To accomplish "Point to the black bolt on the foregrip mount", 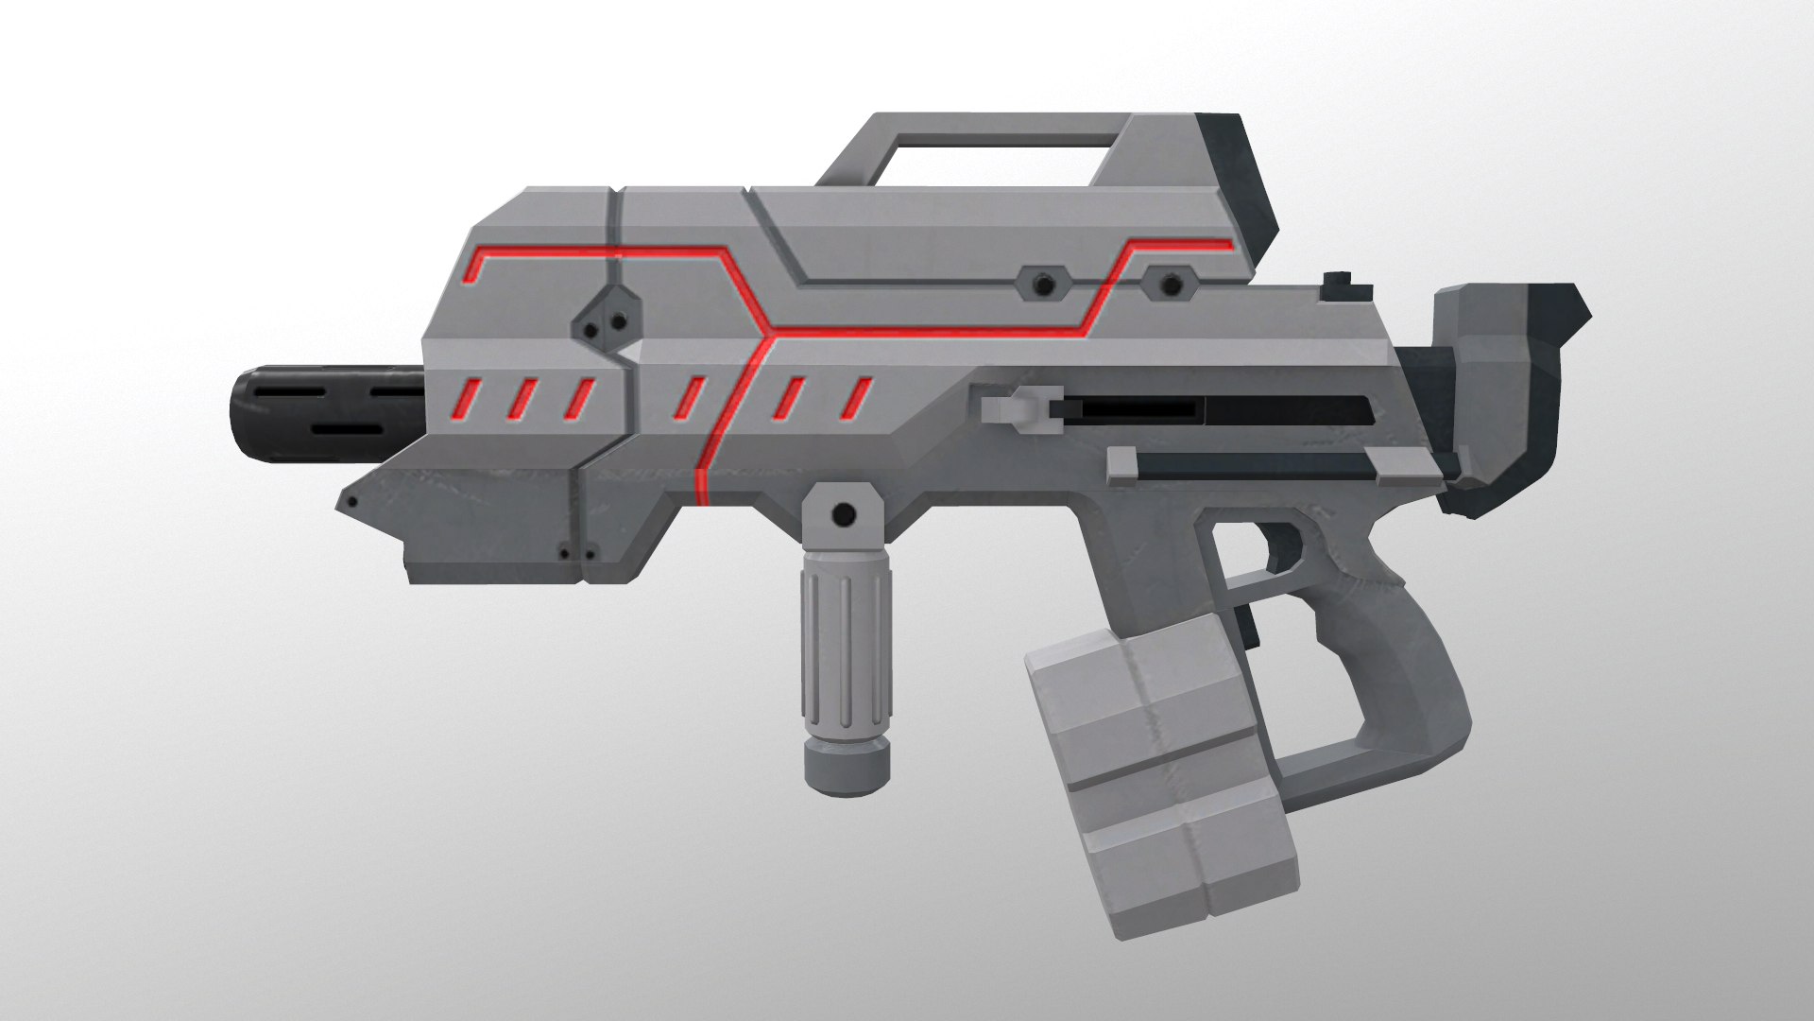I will coord(844,514).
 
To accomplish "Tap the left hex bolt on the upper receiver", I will coord(1042,283).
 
